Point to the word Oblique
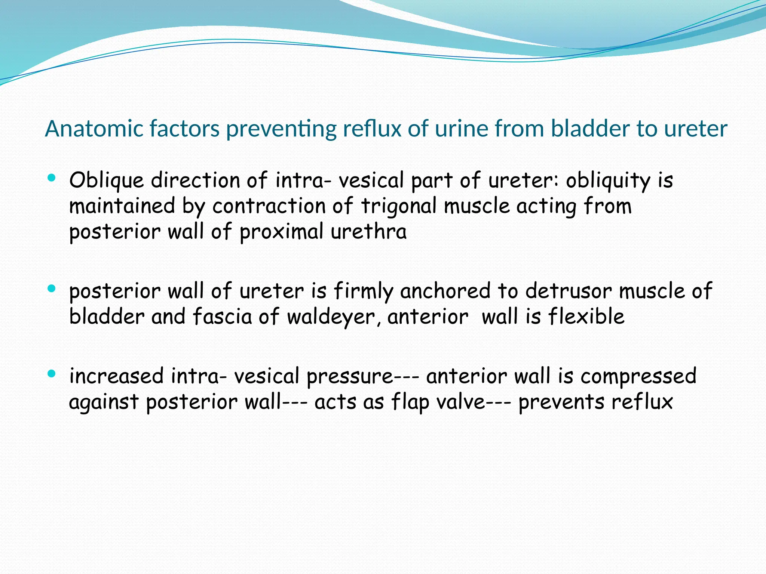tap(107, 181)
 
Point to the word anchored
tap(445, 291)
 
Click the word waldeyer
tap(331, 317)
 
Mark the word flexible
tap(586, 317)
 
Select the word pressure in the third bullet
tap(350, 377)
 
